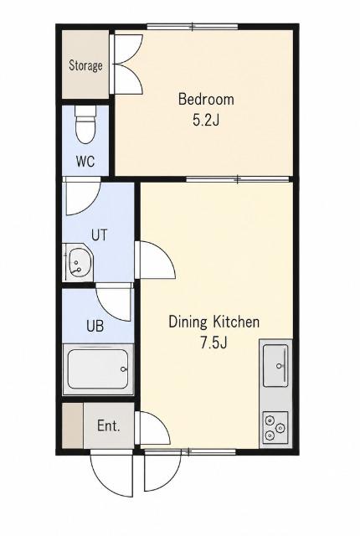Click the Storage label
85,65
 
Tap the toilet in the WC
85,125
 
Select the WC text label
85,161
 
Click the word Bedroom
206,100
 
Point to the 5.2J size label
206,120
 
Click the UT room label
100,235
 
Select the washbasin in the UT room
78,262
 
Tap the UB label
95,326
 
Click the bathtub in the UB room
98,369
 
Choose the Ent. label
109,426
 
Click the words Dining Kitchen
214,322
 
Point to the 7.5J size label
213,343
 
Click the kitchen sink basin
275,365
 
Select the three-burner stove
275,428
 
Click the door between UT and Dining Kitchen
155,260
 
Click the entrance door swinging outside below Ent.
111,473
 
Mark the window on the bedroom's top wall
193,26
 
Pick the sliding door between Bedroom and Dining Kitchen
238,178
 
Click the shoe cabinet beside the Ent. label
73,425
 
